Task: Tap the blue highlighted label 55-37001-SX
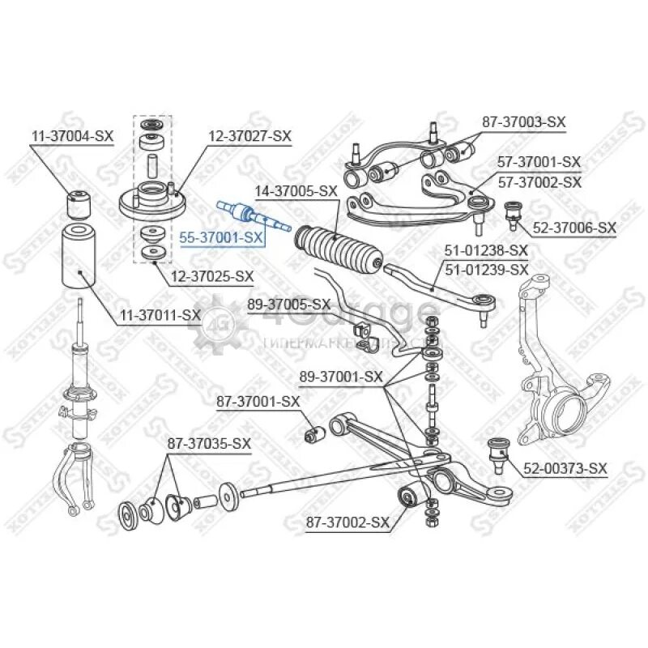click(x=221, y=237)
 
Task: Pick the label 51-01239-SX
click(x=487, y=268)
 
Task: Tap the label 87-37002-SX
click(x=347, y=524)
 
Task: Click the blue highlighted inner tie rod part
click(x=253, y=215)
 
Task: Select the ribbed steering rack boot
click(x=339, y=249)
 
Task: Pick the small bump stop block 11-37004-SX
click(x=79, y=205)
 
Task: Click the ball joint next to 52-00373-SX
click(x=499, y=453)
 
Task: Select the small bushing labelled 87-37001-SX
click(x=314, y=436)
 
